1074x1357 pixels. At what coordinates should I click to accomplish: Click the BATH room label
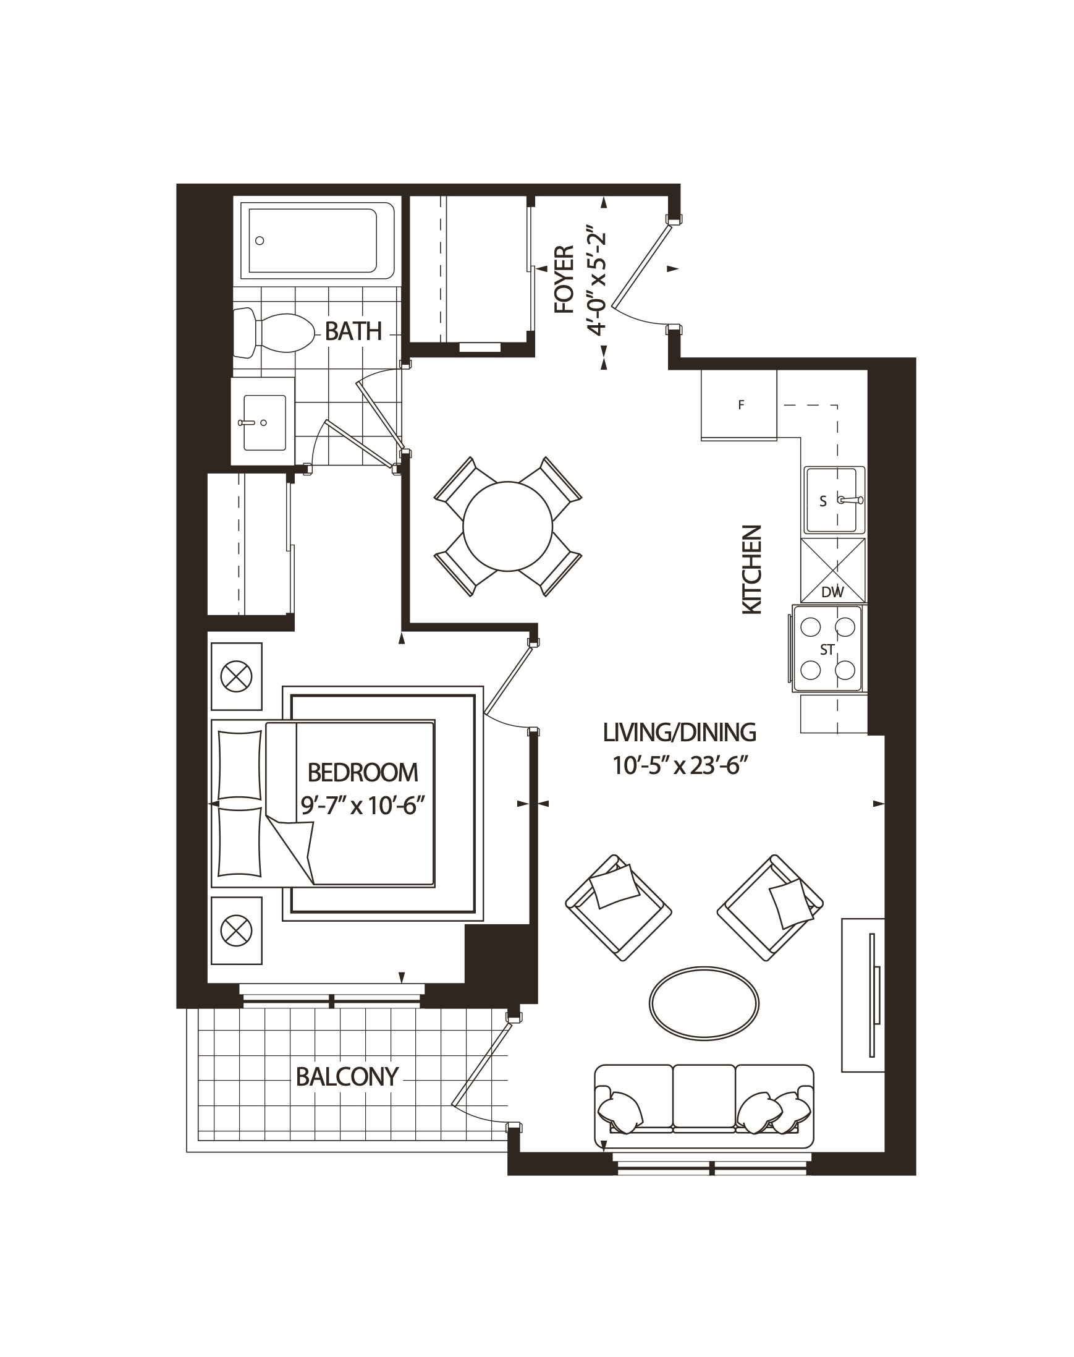tap(353, 331)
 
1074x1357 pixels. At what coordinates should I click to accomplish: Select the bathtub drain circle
tap(260, 240)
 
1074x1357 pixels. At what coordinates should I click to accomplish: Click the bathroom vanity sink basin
tap(264, 423)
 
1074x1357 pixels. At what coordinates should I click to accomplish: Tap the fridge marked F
tap(740, 405)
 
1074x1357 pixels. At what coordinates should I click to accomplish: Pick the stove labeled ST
tap(827, 649)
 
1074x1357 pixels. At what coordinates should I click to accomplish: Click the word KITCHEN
tap(752, 570)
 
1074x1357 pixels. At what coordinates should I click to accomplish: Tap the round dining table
tap(507, 526)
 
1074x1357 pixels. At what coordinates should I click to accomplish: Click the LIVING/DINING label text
tap(679, 733)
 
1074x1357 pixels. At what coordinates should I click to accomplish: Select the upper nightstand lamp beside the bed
tap(237, 677)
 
